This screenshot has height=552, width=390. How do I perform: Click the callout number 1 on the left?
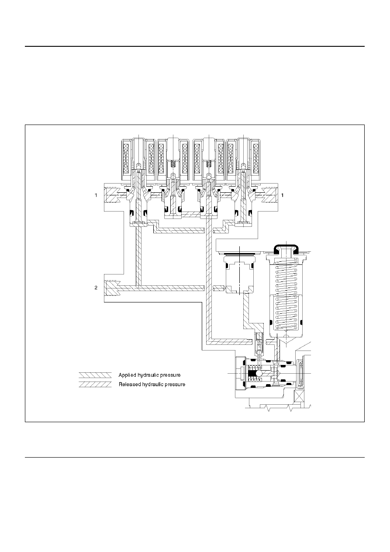click(96, 195)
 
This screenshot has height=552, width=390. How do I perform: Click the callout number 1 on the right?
click(283, 195)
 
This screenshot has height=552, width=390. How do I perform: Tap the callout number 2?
click(96, 288)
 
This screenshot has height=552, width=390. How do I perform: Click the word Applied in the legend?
click(127, 375)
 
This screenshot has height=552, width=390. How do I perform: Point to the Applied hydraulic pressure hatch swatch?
click(95, 375)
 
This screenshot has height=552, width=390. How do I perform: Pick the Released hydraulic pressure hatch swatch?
click(95, 385)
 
